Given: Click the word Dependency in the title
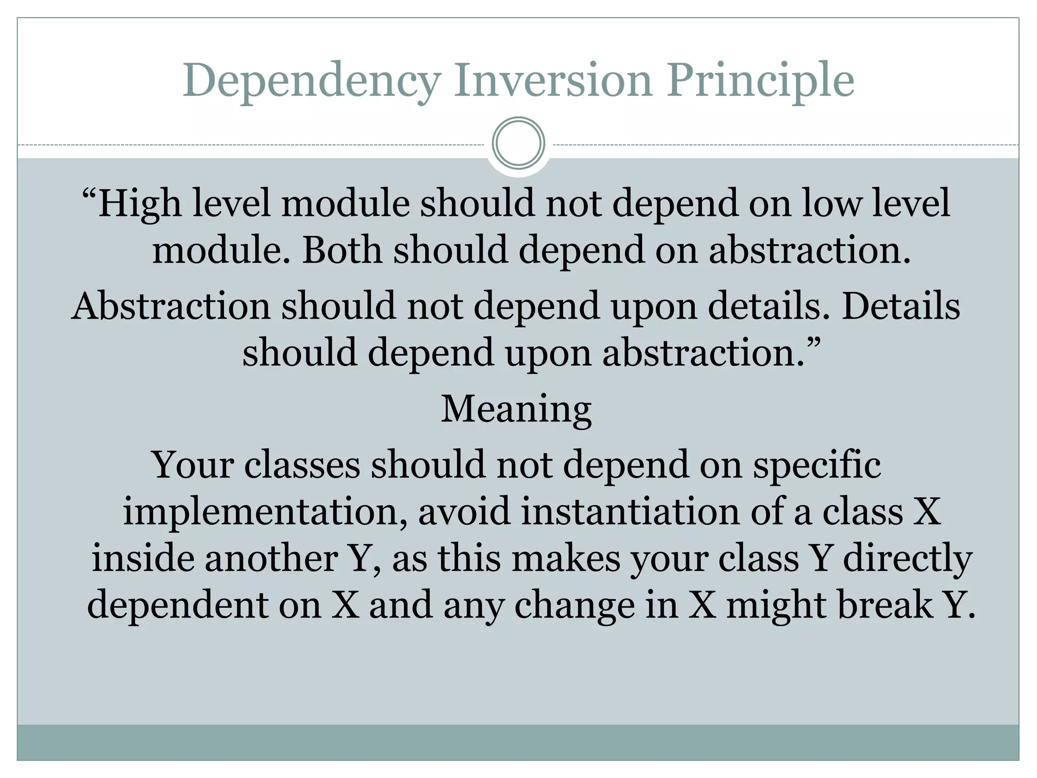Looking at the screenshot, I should (311, 81).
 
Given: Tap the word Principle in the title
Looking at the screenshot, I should (760, 81).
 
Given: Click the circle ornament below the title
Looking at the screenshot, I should (518, 143).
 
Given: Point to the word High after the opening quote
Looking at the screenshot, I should (139, 204).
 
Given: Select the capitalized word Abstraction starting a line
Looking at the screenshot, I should (171, 306).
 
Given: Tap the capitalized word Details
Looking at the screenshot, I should (900, 306).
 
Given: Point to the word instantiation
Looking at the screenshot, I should (630, 512).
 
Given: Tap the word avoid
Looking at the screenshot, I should (464, 512).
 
